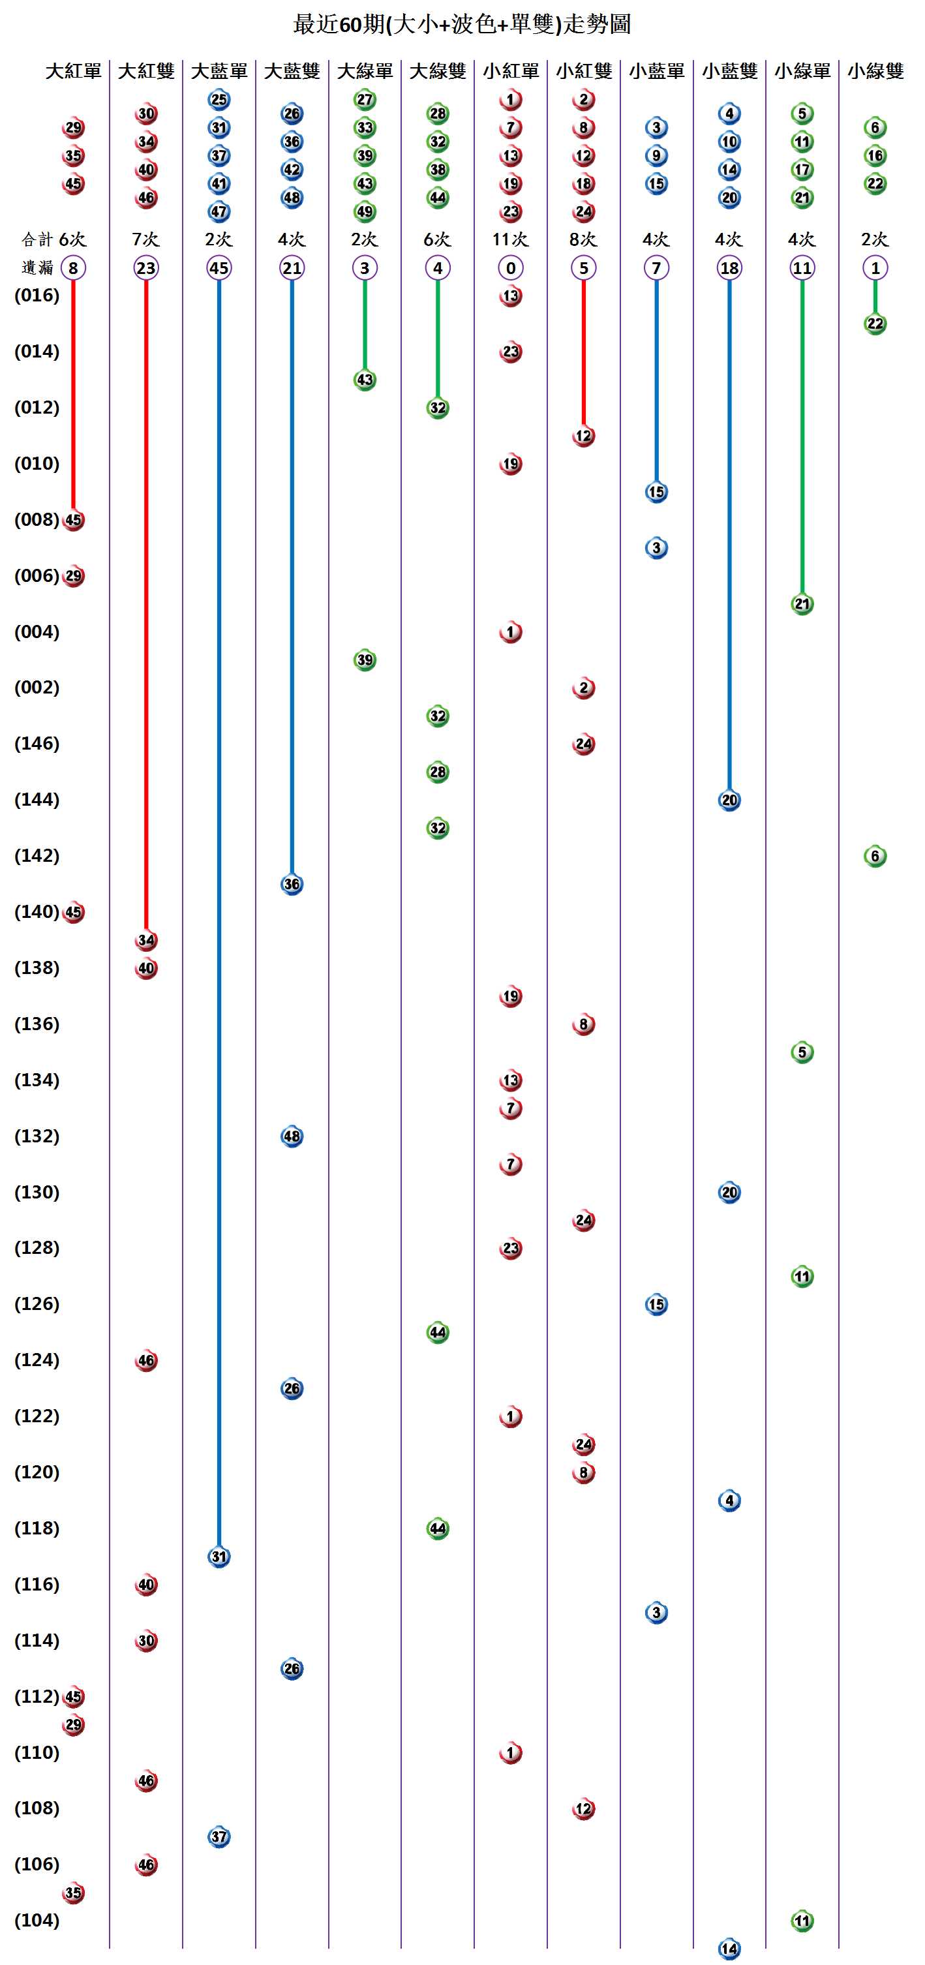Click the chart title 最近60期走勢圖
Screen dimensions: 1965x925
tap(462, 24)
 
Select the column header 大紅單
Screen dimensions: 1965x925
tap(73, 71)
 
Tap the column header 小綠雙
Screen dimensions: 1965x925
tap(875, 71)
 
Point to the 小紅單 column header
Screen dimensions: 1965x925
tap(510, 71)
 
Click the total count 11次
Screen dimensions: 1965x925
tap(510, 239)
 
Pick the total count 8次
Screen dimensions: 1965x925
tap(583, 239)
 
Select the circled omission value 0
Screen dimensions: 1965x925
tap(510, 267)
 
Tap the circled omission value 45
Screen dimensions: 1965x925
tap(219, 267)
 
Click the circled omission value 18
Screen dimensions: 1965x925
tap(729, 267)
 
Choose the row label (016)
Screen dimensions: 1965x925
tap(37, 296)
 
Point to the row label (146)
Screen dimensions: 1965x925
tap(37, 744)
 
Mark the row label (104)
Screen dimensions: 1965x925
tap(37, 1920)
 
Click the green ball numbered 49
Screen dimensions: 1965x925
tap(365, 211)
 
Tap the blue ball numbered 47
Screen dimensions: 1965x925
tap(219, 211)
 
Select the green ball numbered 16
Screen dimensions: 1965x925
tap(875, 156)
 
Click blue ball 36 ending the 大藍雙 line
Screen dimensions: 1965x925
tap(292, 884)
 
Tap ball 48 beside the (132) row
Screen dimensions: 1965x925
tap(292, 1136)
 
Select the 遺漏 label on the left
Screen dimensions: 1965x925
tap(37, 267)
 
